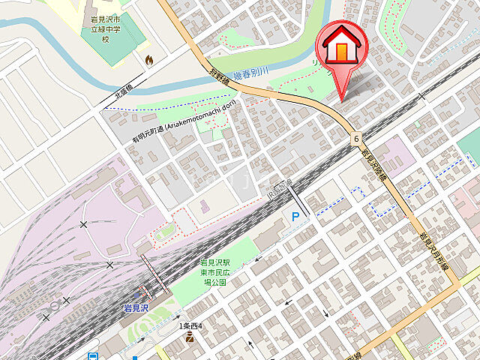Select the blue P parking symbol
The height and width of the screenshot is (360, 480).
coord(296,217)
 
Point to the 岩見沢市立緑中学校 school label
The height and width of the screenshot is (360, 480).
coord(106,30)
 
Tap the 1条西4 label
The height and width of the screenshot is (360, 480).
coord(192,326)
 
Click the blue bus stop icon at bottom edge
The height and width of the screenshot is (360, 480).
coord(93,356)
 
